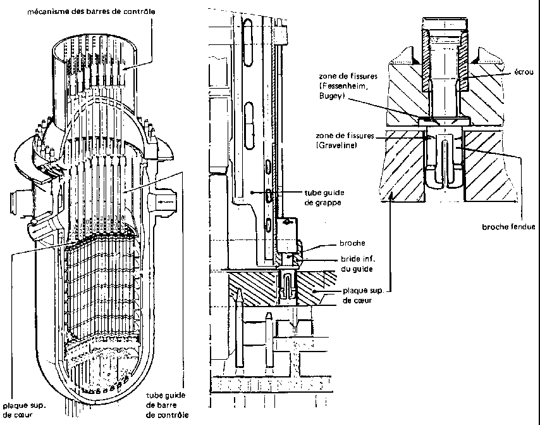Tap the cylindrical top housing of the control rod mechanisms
(95, 57)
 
